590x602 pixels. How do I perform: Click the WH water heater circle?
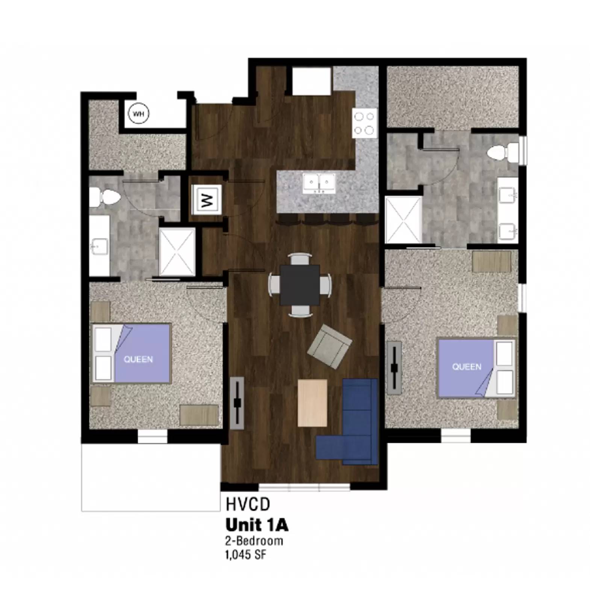(138, 114)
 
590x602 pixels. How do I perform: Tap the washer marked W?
(206, 199)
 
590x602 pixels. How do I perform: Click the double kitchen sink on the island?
(319, 183)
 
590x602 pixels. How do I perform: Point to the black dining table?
(300, 285)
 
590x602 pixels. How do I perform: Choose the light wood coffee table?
(312, 403)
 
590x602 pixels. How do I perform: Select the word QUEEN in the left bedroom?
(138, 359)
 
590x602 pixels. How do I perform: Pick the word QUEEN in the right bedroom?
(466, 366)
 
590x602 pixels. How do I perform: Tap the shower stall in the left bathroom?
(177, 252)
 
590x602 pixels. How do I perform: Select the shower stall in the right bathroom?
(404, 220)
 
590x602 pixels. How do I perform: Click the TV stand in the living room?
(237, 403)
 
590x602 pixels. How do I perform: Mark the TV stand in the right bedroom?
(394, 368)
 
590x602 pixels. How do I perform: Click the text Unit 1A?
(257, 525)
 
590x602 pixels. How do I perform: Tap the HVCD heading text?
(248, 505)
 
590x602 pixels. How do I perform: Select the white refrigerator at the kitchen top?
(311, 81)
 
